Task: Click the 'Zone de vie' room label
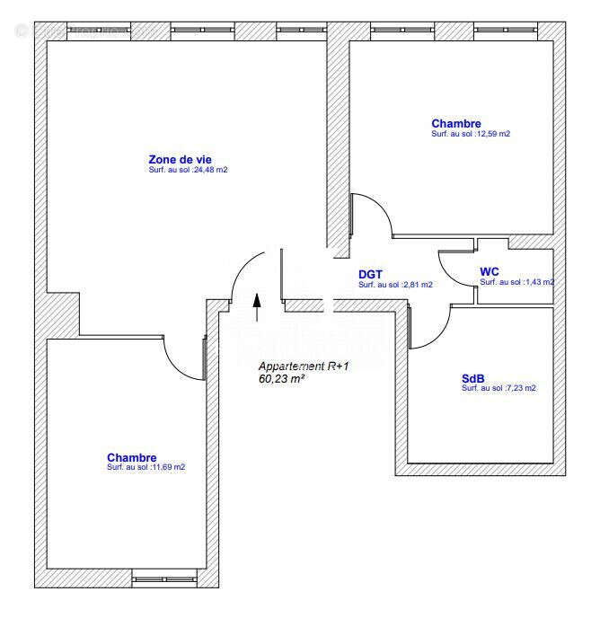(181, 159)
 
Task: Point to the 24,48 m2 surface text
(188, 170)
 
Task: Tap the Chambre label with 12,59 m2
(455, 124)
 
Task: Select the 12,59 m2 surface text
(471, 134)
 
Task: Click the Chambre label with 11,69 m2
(131, 457)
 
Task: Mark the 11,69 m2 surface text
(146, 467)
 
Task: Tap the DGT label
(371, 274)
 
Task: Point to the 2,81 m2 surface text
(395, 285)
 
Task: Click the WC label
(490, 271)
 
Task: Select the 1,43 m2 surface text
(516, 282)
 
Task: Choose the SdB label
(472, 378)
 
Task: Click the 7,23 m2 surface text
(499, 388)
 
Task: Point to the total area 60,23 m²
(281, 379)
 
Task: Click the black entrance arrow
(257, 305)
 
